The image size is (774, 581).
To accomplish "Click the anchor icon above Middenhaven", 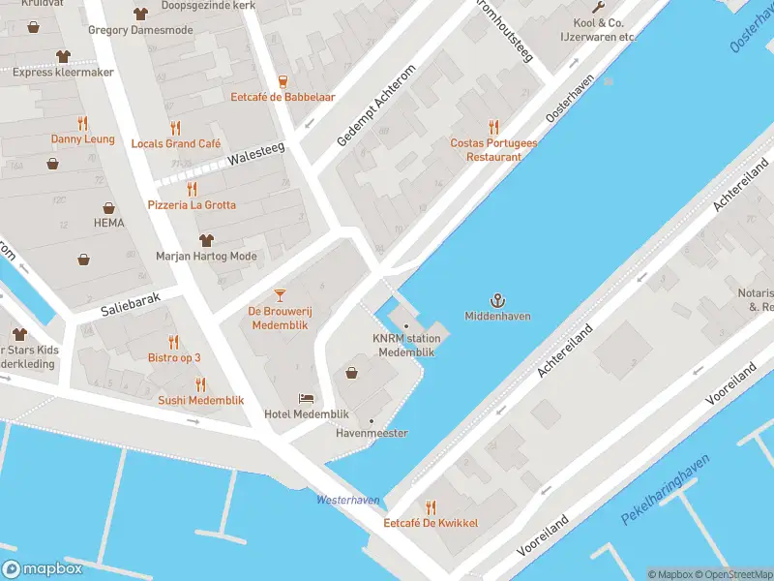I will click(497, 300).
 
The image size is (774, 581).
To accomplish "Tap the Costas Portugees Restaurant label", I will click(493, 149).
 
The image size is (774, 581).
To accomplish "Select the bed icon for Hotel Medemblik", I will click(306, 398).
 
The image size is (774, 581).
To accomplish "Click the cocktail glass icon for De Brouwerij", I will click(280, 294).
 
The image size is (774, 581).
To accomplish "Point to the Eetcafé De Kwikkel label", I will click(431, 523).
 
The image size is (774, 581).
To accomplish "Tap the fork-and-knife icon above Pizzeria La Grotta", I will click(192, 189).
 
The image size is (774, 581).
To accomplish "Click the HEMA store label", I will click(109, 223).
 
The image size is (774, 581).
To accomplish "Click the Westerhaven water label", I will click(348, 501).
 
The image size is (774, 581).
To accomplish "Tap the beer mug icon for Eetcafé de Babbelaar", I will click(283, 81).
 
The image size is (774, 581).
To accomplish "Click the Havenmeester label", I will click(371, 433).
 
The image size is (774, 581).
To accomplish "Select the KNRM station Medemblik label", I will click(406, 345).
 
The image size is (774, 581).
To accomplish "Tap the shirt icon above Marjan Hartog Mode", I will click(205, 240).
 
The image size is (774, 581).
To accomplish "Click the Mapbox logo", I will click(43, 569).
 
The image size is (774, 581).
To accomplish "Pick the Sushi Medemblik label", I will click(201, 400).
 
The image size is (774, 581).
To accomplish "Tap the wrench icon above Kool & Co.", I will click(598, 8).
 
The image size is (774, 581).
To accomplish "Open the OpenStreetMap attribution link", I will click(733, 574).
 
